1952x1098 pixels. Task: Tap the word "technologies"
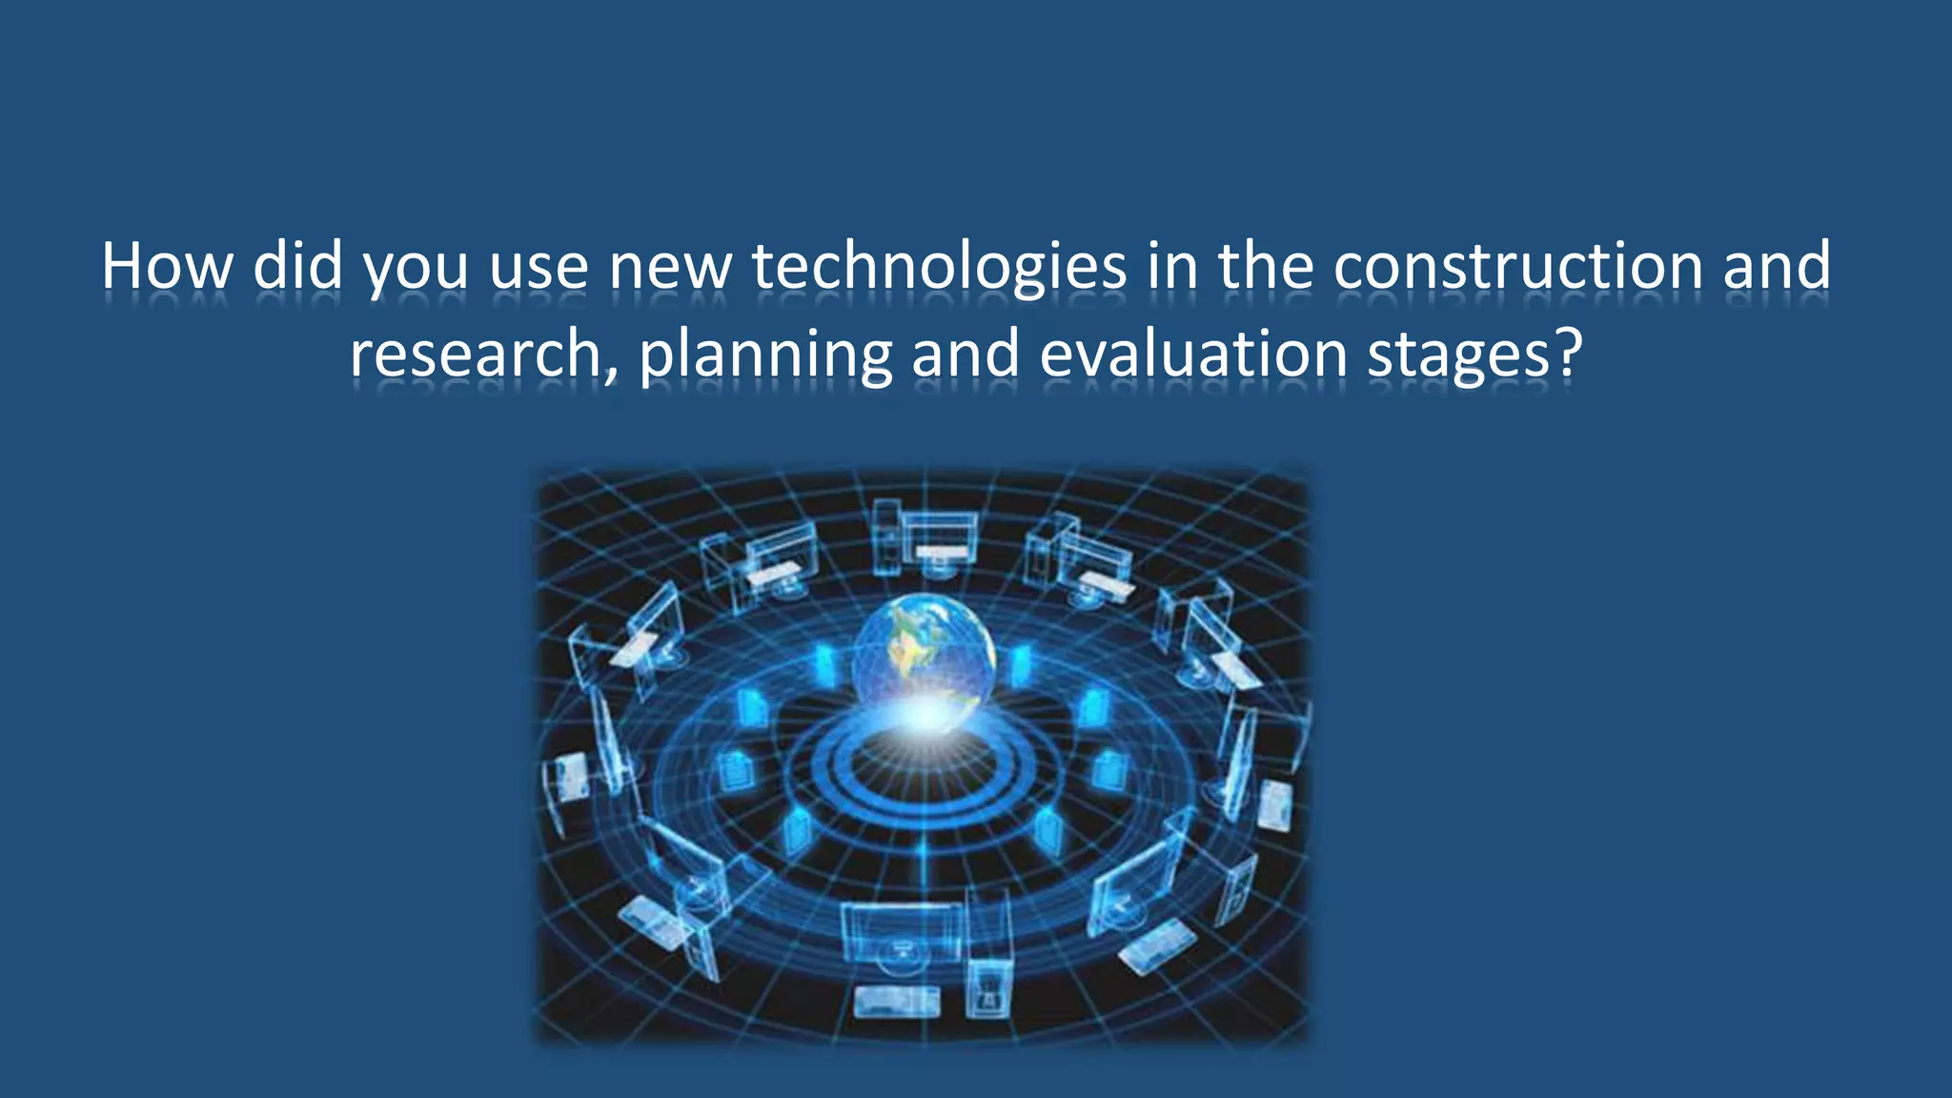pos(939,267)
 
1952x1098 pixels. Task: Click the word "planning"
pos(764,356)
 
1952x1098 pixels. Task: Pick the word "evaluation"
pos(1192,354)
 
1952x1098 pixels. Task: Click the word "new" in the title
pos(669,267)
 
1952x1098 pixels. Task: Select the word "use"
pos(539,267)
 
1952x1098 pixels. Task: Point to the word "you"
pos(417,269)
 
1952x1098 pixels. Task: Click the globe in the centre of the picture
pos(923,648)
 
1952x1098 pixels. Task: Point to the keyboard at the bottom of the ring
pos(895,1001)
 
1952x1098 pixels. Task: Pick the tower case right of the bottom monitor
pos(987,982)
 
